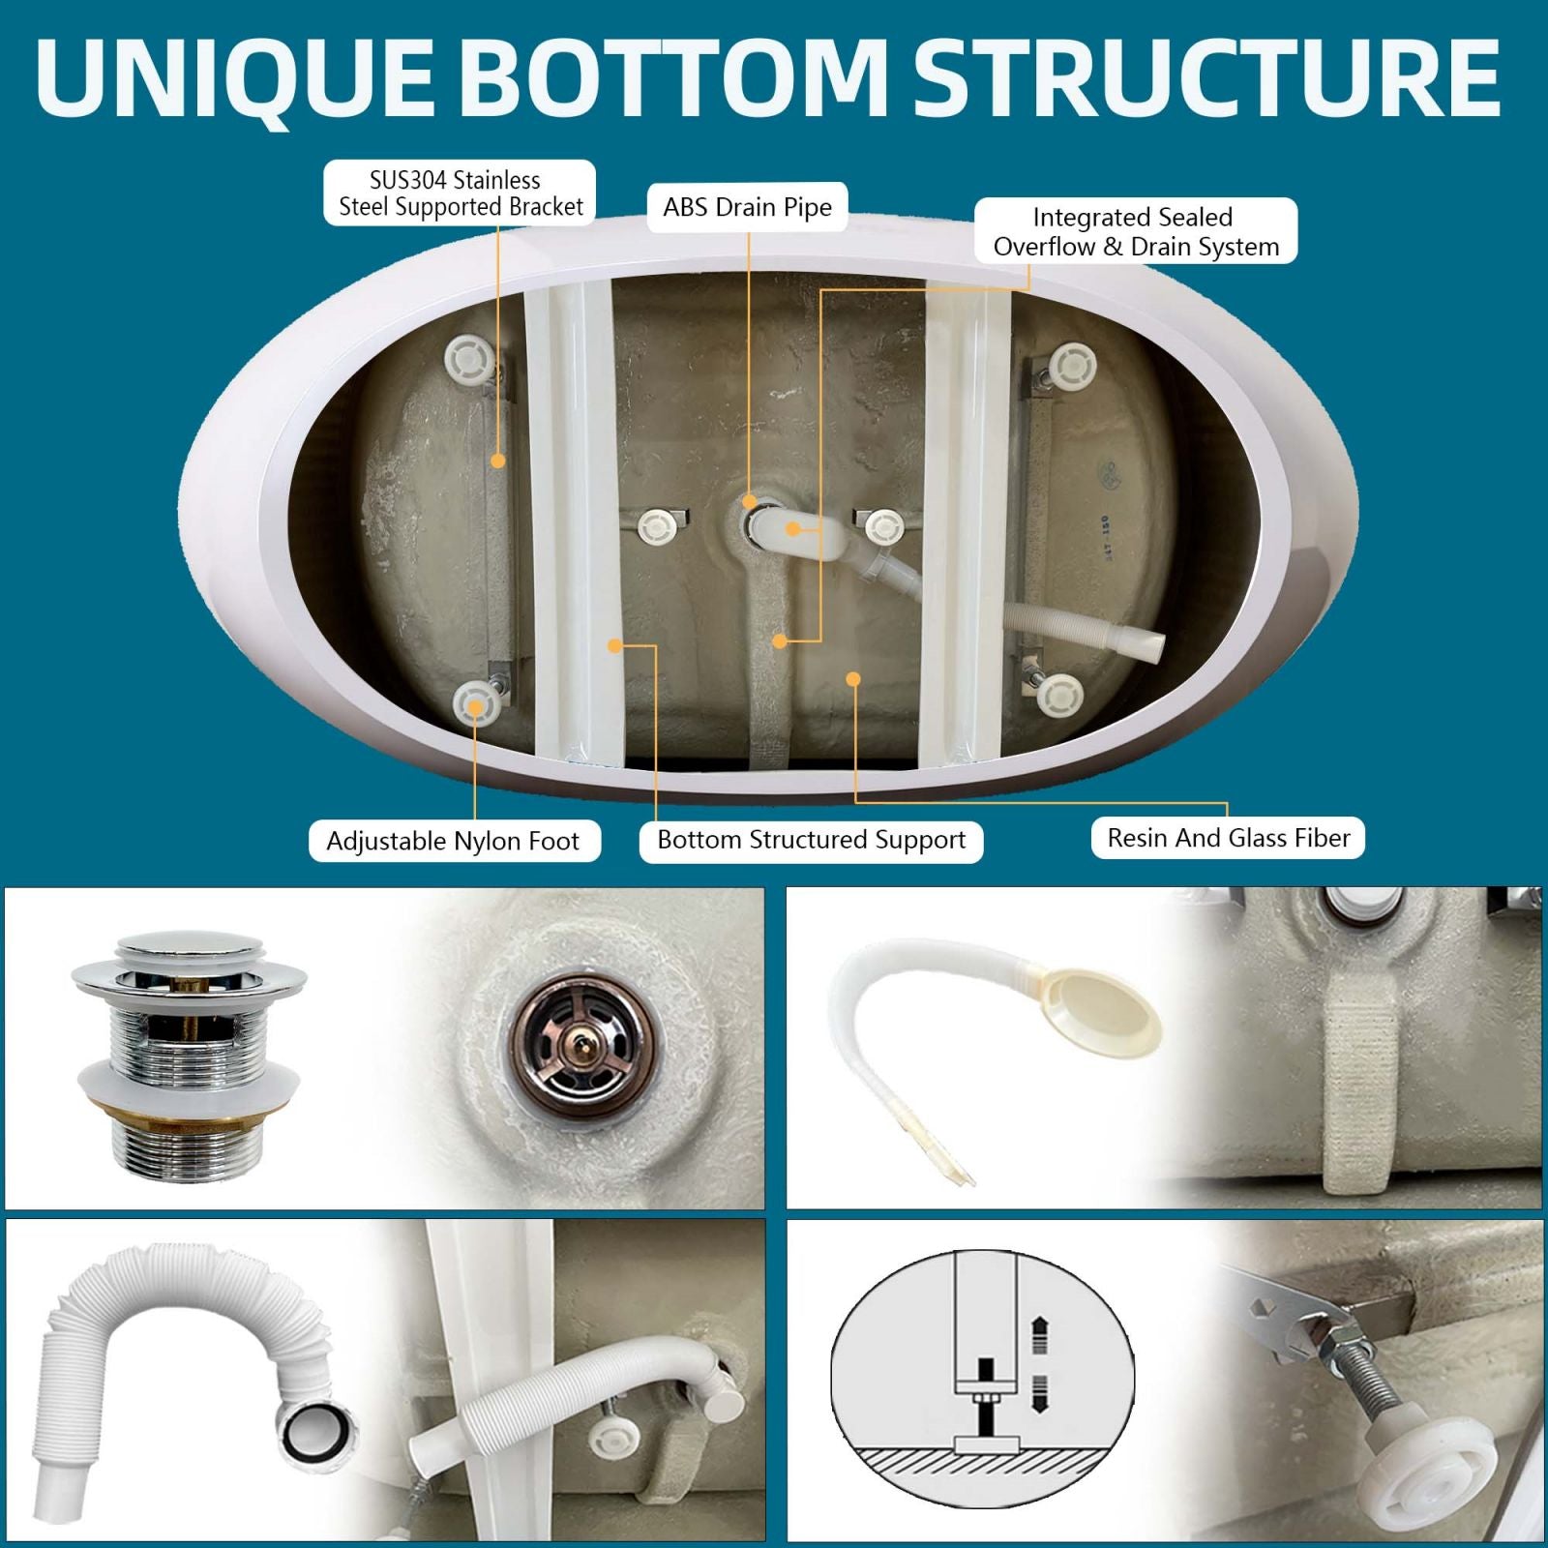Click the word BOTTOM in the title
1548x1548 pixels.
680,77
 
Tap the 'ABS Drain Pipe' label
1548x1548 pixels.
747,207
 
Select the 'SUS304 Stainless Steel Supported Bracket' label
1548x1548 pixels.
460,193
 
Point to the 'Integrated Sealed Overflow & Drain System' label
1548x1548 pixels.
1136,231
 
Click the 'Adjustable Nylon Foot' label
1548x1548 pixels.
453,841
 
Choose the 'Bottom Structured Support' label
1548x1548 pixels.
811,840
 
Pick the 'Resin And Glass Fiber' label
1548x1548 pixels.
1228,838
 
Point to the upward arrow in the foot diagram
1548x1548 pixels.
1040,1333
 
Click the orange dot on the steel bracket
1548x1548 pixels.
497,461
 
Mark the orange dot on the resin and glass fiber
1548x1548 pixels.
852,679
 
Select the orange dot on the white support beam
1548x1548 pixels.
614,645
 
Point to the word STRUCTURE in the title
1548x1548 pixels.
1206,77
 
